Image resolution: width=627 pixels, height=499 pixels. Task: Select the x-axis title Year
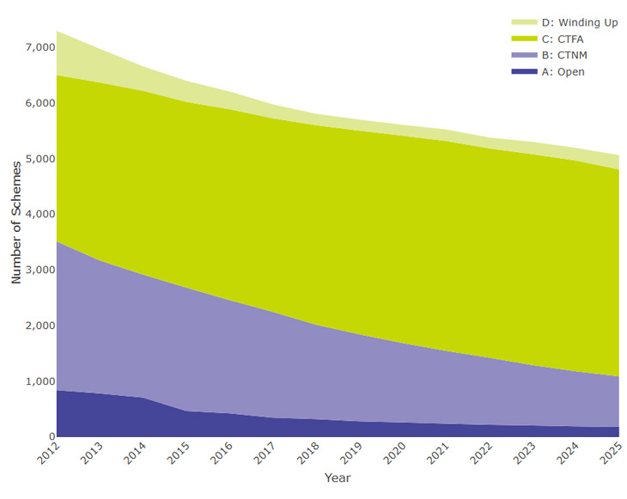tap(338, 478)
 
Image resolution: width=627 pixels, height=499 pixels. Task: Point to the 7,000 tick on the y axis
tap(34, 47)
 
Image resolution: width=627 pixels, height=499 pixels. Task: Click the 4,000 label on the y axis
tap(34, 215)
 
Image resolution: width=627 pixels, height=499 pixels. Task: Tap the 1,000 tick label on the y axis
tap(34, 381)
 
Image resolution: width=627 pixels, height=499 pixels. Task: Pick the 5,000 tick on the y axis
tap(34, 159)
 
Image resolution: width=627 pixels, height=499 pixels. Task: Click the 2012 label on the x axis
tap(48, 453)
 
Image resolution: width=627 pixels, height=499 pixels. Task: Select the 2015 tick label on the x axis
tap(179, 453)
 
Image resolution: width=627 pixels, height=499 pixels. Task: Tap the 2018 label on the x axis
tap(309, 453)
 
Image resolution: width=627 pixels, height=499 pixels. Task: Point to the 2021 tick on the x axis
tap(440, 453)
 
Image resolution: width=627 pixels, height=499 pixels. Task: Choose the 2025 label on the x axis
tap(613, 453)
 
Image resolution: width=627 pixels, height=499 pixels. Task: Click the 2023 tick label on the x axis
tap(527, 453)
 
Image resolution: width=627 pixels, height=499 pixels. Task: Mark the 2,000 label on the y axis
tap(34, 326)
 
